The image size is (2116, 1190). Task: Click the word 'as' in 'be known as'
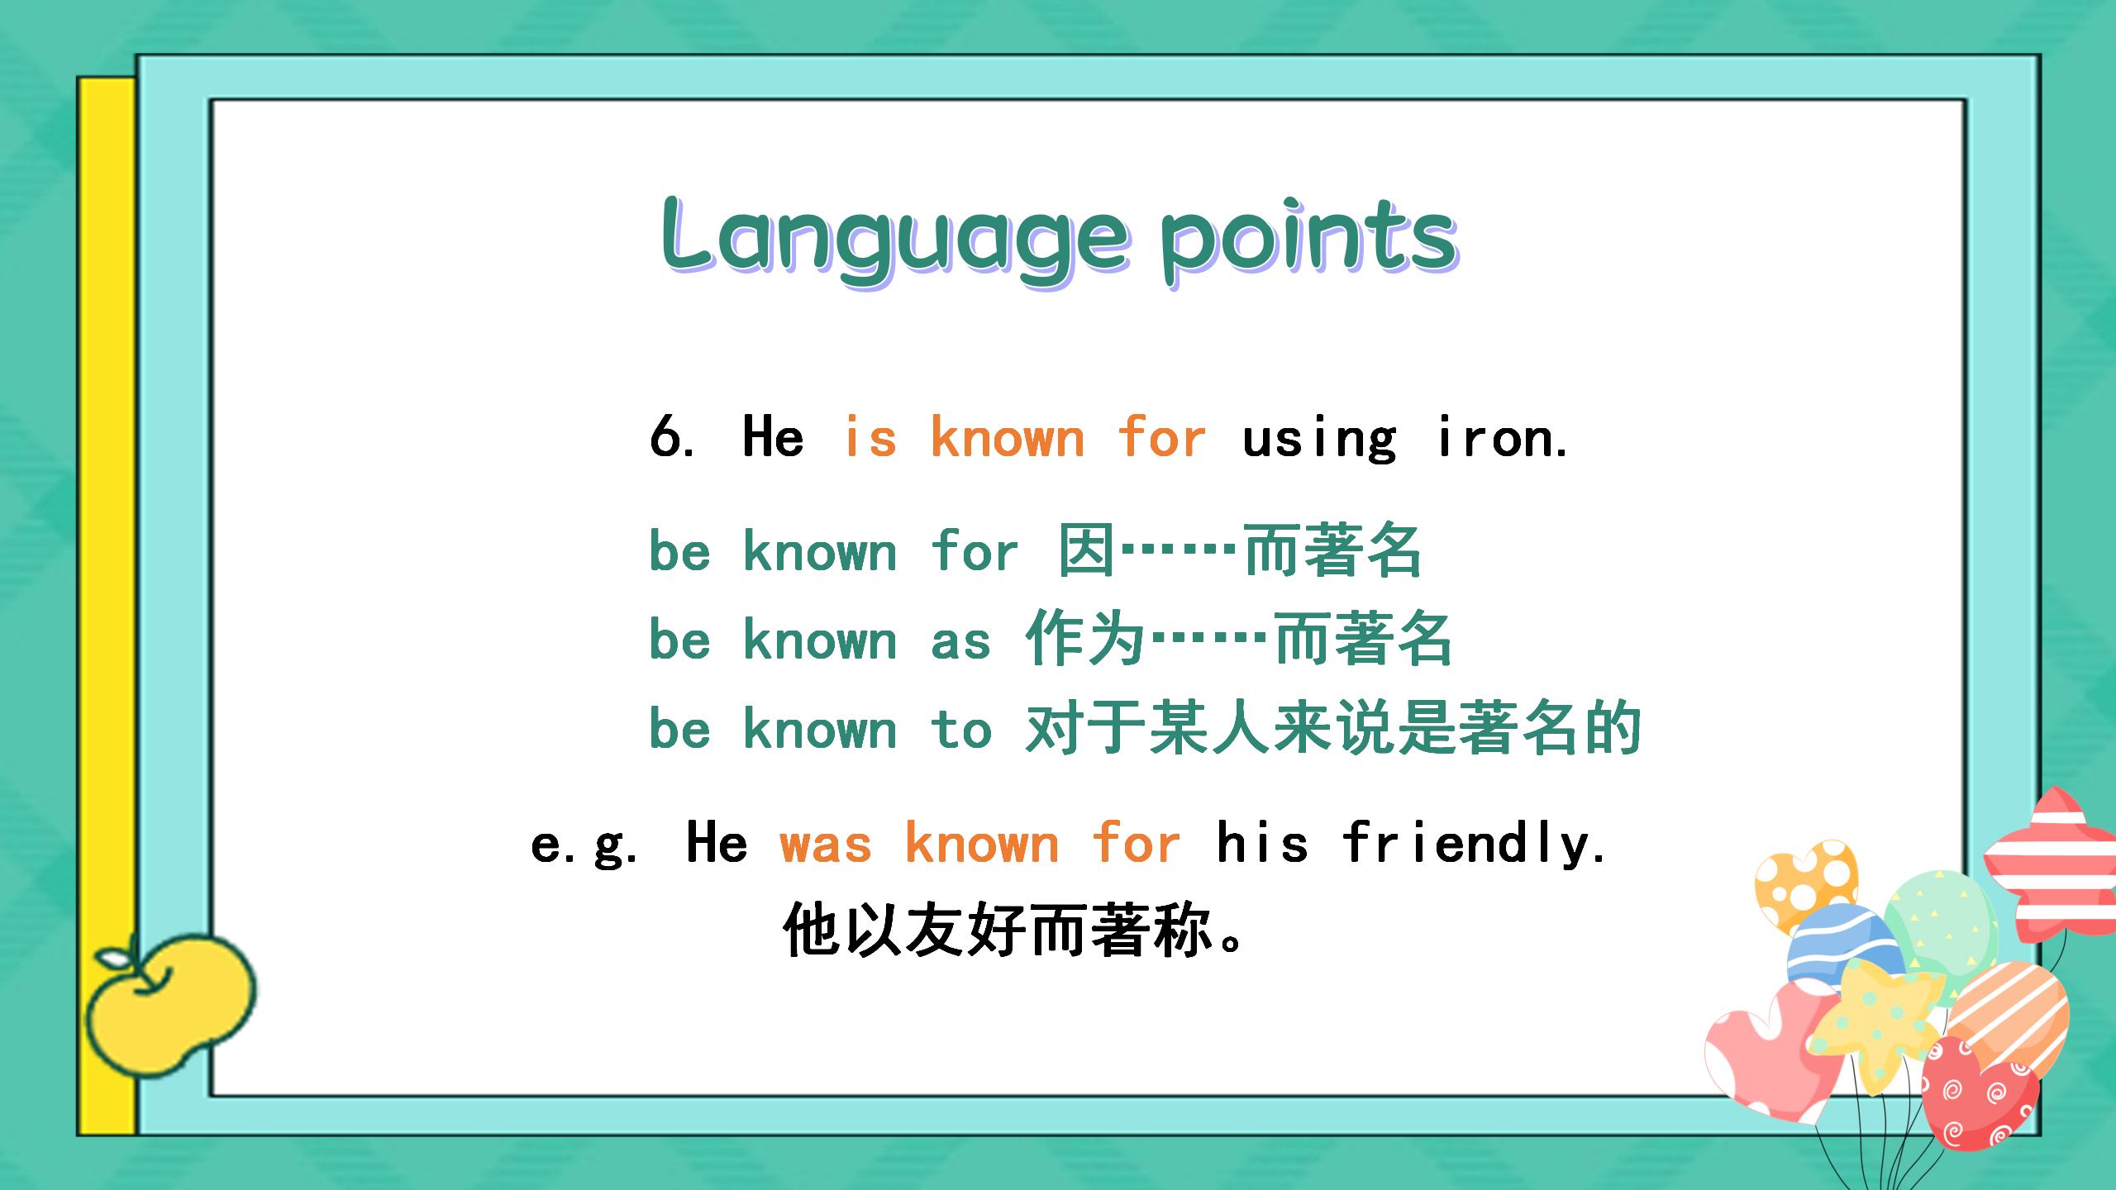[960, 641]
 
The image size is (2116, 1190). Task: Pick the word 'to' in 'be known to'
[961, 728]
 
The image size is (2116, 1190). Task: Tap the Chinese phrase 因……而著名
[1240, 550]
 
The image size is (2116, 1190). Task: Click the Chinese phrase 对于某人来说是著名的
[1332, 728]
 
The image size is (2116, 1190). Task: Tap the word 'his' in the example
[1262, 842]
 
